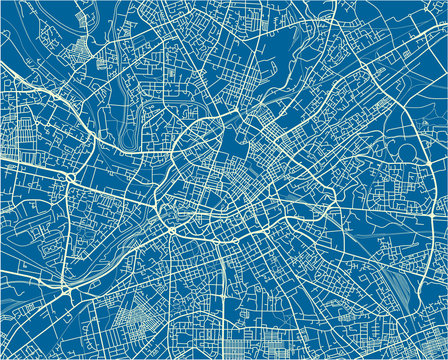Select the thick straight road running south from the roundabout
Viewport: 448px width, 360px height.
171,290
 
